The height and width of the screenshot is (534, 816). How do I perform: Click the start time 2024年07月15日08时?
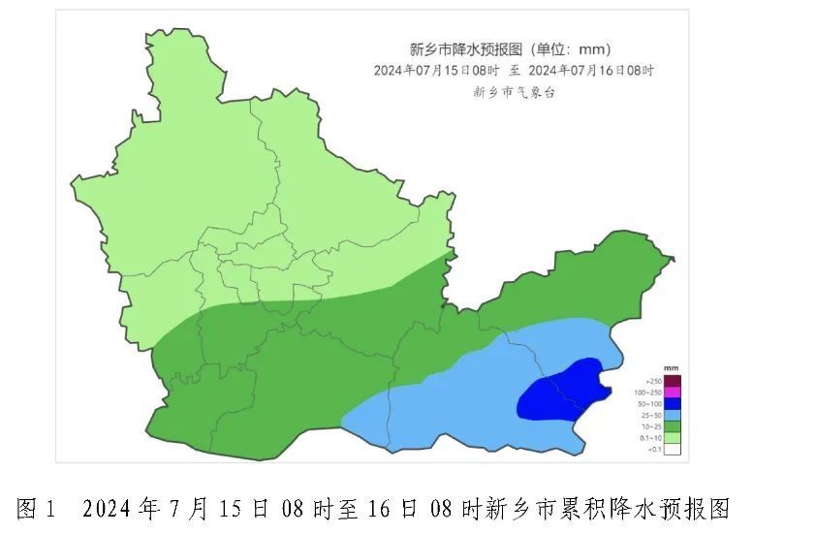[436, 71]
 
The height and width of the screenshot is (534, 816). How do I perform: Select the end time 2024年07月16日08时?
[591, 71]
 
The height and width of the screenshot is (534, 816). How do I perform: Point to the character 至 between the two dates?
[514, 71]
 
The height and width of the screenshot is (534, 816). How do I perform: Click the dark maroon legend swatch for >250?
[673, 381]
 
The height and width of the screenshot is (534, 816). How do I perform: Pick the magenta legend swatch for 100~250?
[673, 393]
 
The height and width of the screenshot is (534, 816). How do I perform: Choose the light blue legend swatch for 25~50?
[673, 415]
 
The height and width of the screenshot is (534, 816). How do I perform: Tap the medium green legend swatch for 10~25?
[673, 426]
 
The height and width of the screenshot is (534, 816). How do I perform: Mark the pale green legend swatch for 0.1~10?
[673, 438]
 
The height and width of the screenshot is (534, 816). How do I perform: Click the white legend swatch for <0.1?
[673, 449]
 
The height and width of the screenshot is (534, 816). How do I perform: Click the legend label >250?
[654, 381]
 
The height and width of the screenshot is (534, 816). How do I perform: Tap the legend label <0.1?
[654, 449]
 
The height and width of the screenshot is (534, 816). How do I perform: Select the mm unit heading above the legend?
[671, 369]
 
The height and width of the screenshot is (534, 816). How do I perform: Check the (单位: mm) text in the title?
[578, 49]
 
